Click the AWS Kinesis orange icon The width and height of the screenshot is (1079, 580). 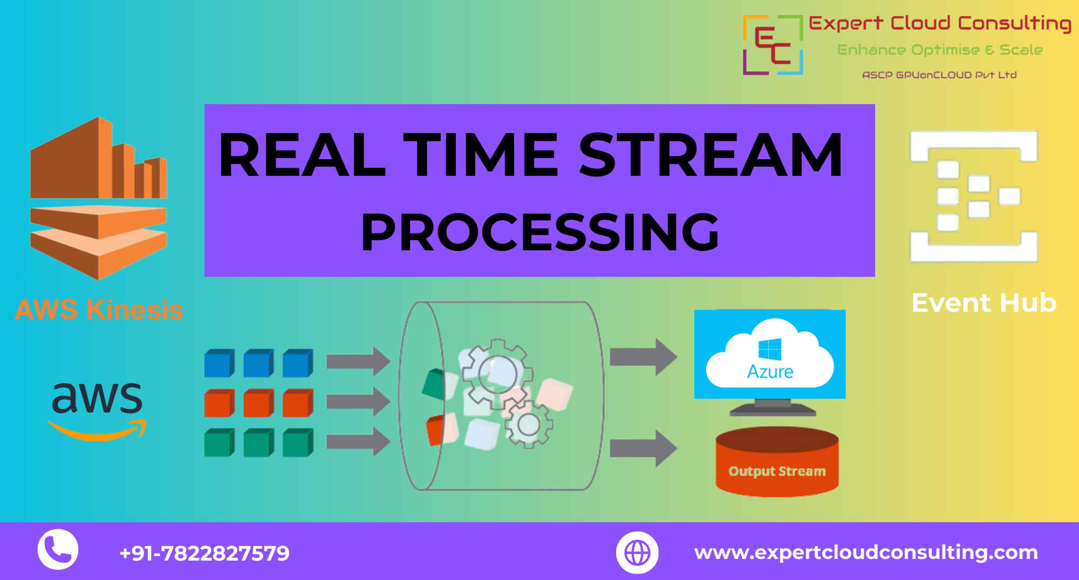click(98, 198)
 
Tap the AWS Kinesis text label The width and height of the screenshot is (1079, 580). click(99, 310)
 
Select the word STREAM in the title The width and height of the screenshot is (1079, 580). click(711, 155)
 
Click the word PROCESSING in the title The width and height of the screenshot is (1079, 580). click(540, 232)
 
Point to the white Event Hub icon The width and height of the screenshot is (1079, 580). click(974, 196)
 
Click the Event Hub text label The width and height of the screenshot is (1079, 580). click(984, 303)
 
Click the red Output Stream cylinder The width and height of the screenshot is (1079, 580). click(777, 462)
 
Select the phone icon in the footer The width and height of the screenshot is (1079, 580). click(58, 549)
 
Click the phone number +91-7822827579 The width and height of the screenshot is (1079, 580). click(204, 553)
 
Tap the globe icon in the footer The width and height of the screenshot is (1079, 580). click(637, 552)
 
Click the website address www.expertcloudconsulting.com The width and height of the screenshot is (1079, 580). click(866, 552)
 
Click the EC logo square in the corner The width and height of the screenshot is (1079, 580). click(773, 45)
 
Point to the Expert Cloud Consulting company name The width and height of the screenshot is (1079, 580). click(940, 24)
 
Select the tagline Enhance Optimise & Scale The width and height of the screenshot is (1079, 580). click(940, 50)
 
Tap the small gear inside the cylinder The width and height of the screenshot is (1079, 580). click(529, 425)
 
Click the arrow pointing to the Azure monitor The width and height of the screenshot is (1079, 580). click(644, 357)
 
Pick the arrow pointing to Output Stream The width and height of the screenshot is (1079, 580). click(644, 448)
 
